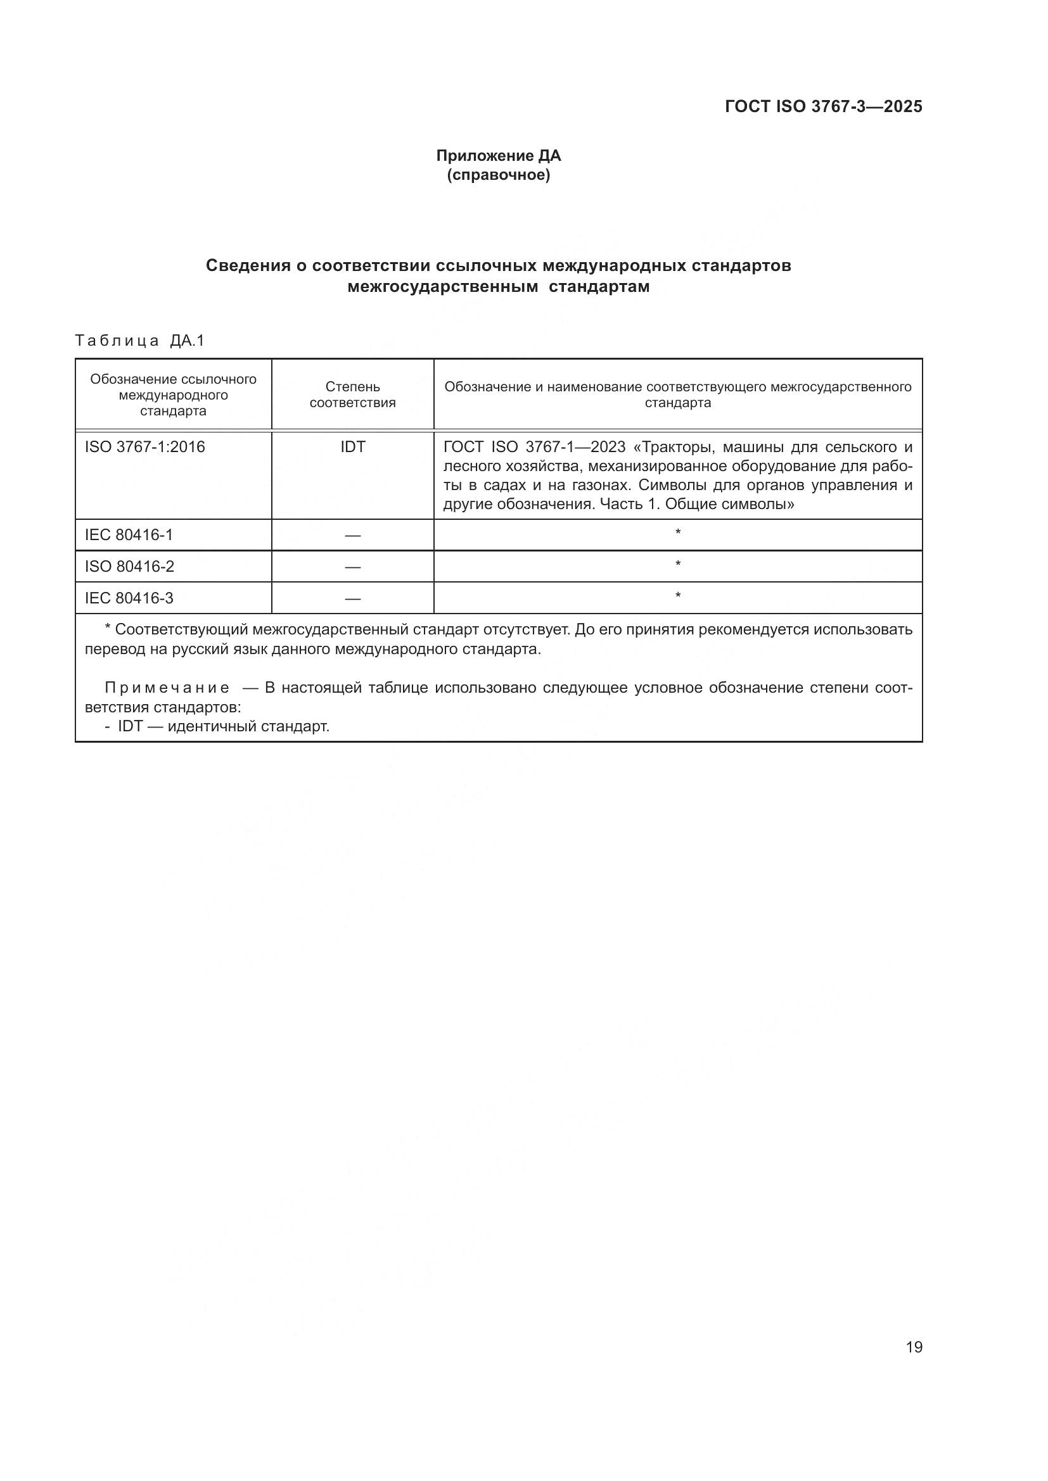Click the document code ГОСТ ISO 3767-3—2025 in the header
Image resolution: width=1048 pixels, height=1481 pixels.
pos(823,106)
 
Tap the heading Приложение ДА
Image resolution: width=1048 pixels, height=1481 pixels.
pos(498,156)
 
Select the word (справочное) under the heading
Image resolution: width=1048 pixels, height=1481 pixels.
pos(498,175)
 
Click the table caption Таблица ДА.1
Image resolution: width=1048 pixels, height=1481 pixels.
pos(139,341)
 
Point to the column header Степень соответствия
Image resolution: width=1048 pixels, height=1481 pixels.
pos(352,394)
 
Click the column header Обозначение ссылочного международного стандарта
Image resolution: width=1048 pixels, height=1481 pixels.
pos(173,394)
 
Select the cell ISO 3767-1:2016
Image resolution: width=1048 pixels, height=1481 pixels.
pos(144,447)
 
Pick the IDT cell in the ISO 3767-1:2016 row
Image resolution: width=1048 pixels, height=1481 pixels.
pos(352,447)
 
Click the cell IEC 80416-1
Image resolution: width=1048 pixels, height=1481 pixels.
pos(129,535)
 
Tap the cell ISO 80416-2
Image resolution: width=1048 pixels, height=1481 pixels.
pos(129,566)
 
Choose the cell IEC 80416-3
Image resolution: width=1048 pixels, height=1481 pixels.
pos(129,598)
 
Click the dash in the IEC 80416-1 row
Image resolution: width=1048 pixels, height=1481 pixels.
pos(352,536)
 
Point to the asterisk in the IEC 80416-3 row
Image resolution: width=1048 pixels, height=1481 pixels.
pos(677,596)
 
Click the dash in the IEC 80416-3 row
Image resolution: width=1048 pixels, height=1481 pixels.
pos(352,598)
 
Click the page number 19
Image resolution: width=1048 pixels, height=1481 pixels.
pos(914,1347)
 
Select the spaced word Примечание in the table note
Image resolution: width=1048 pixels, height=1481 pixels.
pos(167,688)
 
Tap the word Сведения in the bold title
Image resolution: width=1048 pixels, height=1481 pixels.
pos(248,266)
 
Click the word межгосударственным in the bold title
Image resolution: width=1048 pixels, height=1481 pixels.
pos(442,287)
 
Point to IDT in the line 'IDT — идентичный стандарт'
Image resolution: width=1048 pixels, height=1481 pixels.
pos(130,726)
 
